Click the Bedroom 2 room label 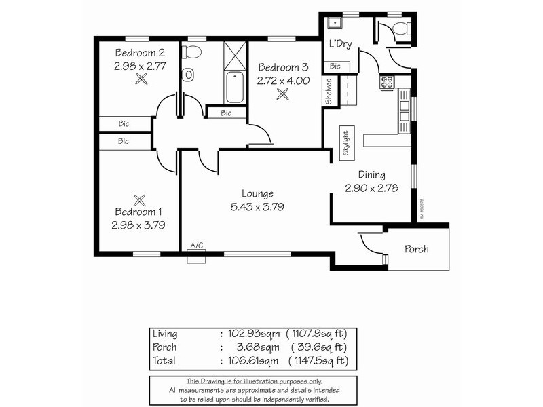[x=139, y=52]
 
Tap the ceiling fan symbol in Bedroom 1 [x=140, y=199]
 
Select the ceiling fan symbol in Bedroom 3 [x=282, y=94]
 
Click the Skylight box [x=345, y=143]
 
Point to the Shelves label [x=329, y=93]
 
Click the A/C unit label [x=197, y=246]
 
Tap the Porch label [x=416, y=249]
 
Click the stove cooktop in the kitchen [x=387, y=83]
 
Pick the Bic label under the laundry [x=335, y=66]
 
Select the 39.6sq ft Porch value [x=317, y=347]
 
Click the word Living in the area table [x=166, y=334]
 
